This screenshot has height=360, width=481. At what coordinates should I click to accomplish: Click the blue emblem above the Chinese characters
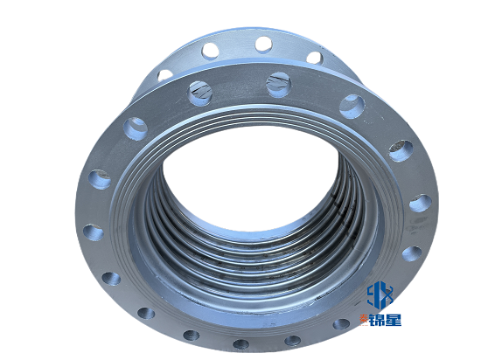tap(380, 294)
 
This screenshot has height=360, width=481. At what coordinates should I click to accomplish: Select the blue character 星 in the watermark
tap(394, 320)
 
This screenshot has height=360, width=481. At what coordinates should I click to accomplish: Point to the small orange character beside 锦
tap(365, 320)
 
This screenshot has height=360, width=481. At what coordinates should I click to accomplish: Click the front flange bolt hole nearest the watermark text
tap(341, 324)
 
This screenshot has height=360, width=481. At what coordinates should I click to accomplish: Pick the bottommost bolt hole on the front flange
tap(241, 343)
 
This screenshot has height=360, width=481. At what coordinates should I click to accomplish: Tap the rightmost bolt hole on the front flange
tap(421, 203)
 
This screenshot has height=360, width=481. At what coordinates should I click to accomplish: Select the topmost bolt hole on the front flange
tap(279, 85)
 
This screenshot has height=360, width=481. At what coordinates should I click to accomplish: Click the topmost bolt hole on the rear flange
tap(264, 45)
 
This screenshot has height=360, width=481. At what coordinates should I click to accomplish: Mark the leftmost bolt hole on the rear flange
tap(165, 75)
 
